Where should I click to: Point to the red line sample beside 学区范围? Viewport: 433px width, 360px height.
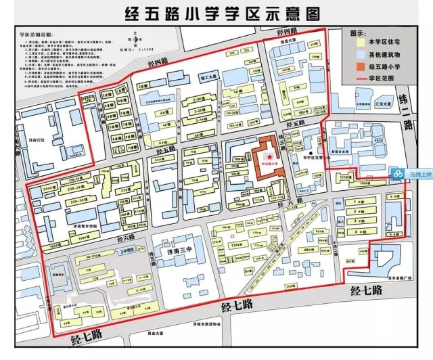(x=358, y=78)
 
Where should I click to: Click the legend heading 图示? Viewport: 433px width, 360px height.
(x=359, y=32)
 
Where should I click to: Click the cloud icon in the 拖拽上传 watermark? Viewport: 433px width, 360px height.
(x=397, y=175)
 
